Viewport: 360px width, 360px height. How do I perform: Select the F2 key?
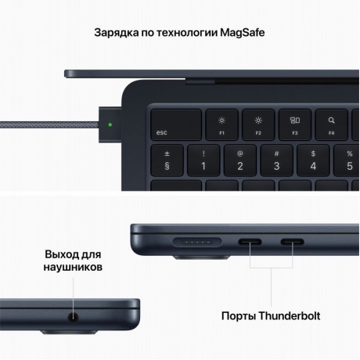point(258,126)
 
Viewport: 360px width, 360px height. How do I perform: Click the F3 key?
point(296,126)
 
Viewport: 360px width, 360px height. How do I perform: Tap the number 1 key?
point(203,160)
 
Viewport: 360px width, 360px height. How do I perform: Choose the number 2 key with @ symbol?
point(239,160)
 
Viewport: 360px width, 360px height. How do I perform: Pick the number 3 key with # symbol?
point(276,160)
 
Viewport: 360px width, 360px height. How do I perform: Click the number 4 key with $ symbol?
point(313,160)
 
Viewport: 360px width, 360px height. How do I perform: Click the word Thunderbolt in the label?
point(281,317)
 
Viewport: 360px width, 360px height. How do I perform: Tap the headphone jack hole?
point(75,319)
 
